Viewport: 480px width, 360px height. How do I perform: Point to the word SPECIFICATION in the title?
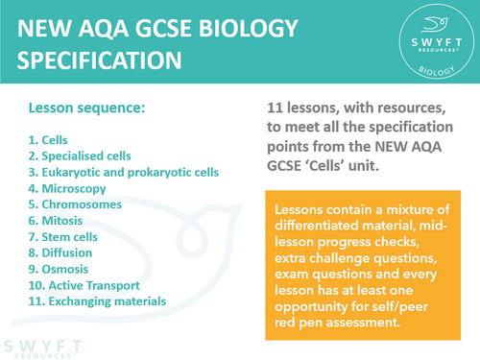point(100,60)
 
